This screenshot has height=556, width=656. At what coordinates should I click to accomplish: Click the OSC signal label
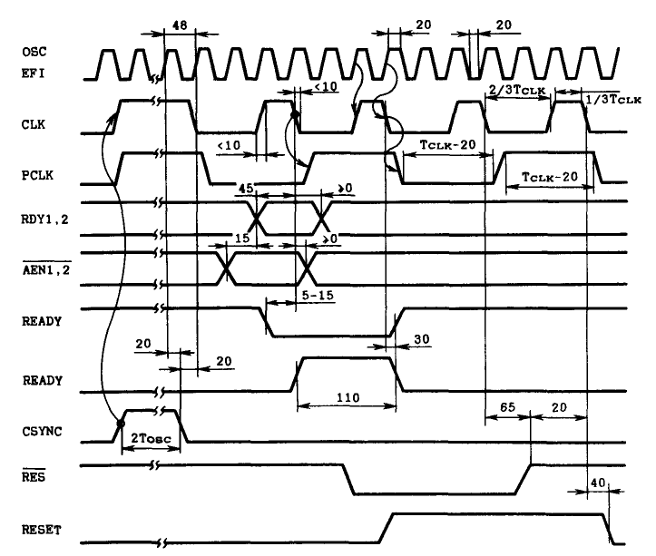click(34, 52)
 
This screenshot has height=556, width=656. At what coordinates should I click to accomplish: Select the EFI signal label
click(33, 73)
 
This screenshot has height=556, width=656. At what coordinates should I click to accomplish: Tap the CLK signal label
click(33, 124)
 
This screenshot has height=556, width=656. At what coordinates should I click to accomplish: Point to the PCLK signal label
click(37, 175)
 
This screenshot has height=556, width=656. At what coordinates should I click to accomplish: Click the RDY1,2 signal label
click(44, 219)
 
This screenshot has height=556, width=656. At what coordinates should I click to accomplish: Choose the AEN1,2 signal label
click(46, 270)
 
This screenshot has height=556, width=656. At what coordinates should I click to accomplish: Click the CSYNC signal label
click(42, 432)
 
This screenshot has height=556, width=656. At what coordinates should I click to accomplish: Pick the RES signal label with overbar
click(33, 475)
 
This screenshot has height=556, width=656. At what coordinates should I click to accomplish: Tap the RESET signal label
click(42, 530)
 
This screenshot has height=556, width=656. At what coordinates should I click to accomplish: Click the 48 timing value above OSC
click(180, 25)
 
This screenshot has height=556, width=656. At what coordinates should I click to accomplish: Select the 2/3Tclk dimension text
click(517, 90)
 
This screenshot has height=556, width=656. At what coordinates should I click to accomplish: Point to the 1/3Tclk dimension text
click(613, 100)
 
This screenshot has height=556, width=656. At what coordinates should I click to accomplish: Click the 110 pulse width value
click(348, 397)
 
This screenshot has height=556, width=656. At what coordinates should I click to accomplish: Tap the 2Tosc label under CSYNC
click(151, 438)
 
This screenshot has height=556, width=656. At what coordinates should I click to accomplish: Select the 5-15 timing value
click(318, 296)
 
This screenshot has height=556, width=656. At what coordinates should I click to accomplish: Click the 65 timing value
click(507, 407)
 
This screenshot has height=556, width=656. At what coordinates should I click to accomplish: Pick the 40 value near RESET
click(598, 483)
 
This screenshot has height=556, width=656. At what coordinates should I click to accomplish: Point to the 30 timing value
click(422, 339)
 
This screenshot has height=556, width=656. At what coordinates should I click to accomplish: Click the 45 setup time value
click(246, 189)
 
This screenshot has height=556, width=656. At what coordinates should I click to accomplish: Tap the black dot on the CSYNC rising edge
click(121, 424)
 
